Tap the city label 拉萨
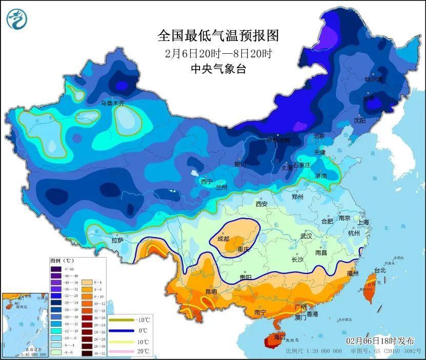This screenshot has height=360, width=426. [117, 240]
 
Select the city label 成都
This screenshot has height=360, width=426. [224, 239]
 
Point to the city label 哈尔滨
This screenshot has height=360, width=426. [373, 79]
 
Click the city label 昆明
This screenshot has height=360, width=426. [211, 291]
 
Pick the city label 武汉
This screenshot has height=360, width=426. [307, 237]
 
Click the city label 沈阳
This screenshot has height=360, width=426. [359, 120]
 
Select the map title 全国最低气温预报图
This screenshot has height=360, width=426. [217, 36]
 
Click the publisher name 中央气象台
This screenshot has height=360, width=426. [218, 69]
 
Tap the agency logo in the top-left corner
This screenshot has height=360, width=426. [17, 18]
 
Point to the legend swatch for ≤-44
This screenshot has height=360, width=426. [55, 269]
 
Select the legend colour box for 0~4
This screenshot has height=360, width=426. [85, 282]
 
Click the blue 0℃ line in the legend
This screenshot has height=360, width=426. [119, 330]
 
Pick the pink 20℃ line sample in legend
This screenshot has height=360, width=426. [119, 351]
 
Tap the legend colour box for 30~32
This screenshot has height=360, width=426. [85, 353]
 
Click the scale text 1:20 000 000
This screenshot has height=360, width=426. [320, 351]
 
